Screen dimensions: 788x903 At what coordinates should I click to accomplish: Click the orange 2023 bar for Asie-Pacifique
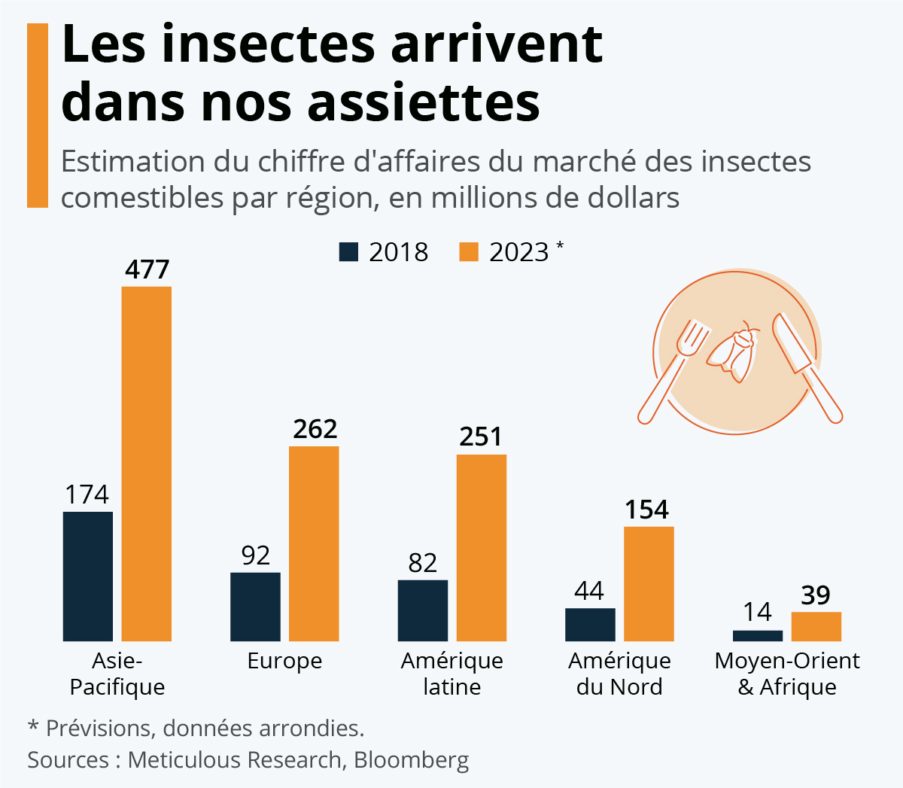coord(147,463)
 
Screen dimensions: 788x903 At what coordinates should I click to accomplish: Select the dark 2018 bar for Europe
coord(255,607)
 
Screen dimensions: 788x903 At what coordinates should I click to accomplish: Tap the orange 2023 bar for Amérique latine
coord(482,547)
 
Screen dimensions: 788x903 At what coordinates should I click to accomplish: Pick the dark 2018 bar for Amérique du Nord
coord(590,624)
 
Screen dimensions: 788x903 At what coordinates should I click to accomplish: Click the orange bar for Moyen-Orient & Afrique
coord(816,626)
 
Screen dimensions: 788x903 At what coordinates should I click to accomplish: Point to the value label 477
coord(147,269)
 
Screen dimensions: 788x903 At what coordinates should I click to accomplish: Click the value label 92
coord(256,555)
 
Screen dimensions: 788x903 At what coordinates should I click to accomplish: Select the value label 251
coord(481,437)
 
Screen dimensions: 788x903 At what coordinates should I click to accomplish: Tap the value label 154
coord(647,510)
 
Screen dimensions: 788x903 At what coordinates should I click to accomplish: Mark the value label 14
coord(758,612)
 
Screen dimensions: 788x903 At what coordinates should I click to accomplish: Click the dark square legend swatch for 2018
coord(348,251)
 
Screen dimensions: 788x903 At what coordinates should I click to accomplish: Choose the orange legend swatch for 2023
coord(469,251)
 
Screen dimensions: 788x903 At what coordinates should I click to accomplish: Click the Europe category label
coord(284,661)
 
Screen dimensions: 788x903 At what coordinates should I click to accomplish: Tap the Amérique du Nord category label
coord(619,674)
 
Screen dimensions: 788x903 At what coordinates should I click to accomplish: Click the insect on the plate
coord(733,351)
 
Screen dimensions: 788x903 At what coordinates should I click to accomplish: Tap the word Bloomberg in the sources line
coord(411,759)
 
